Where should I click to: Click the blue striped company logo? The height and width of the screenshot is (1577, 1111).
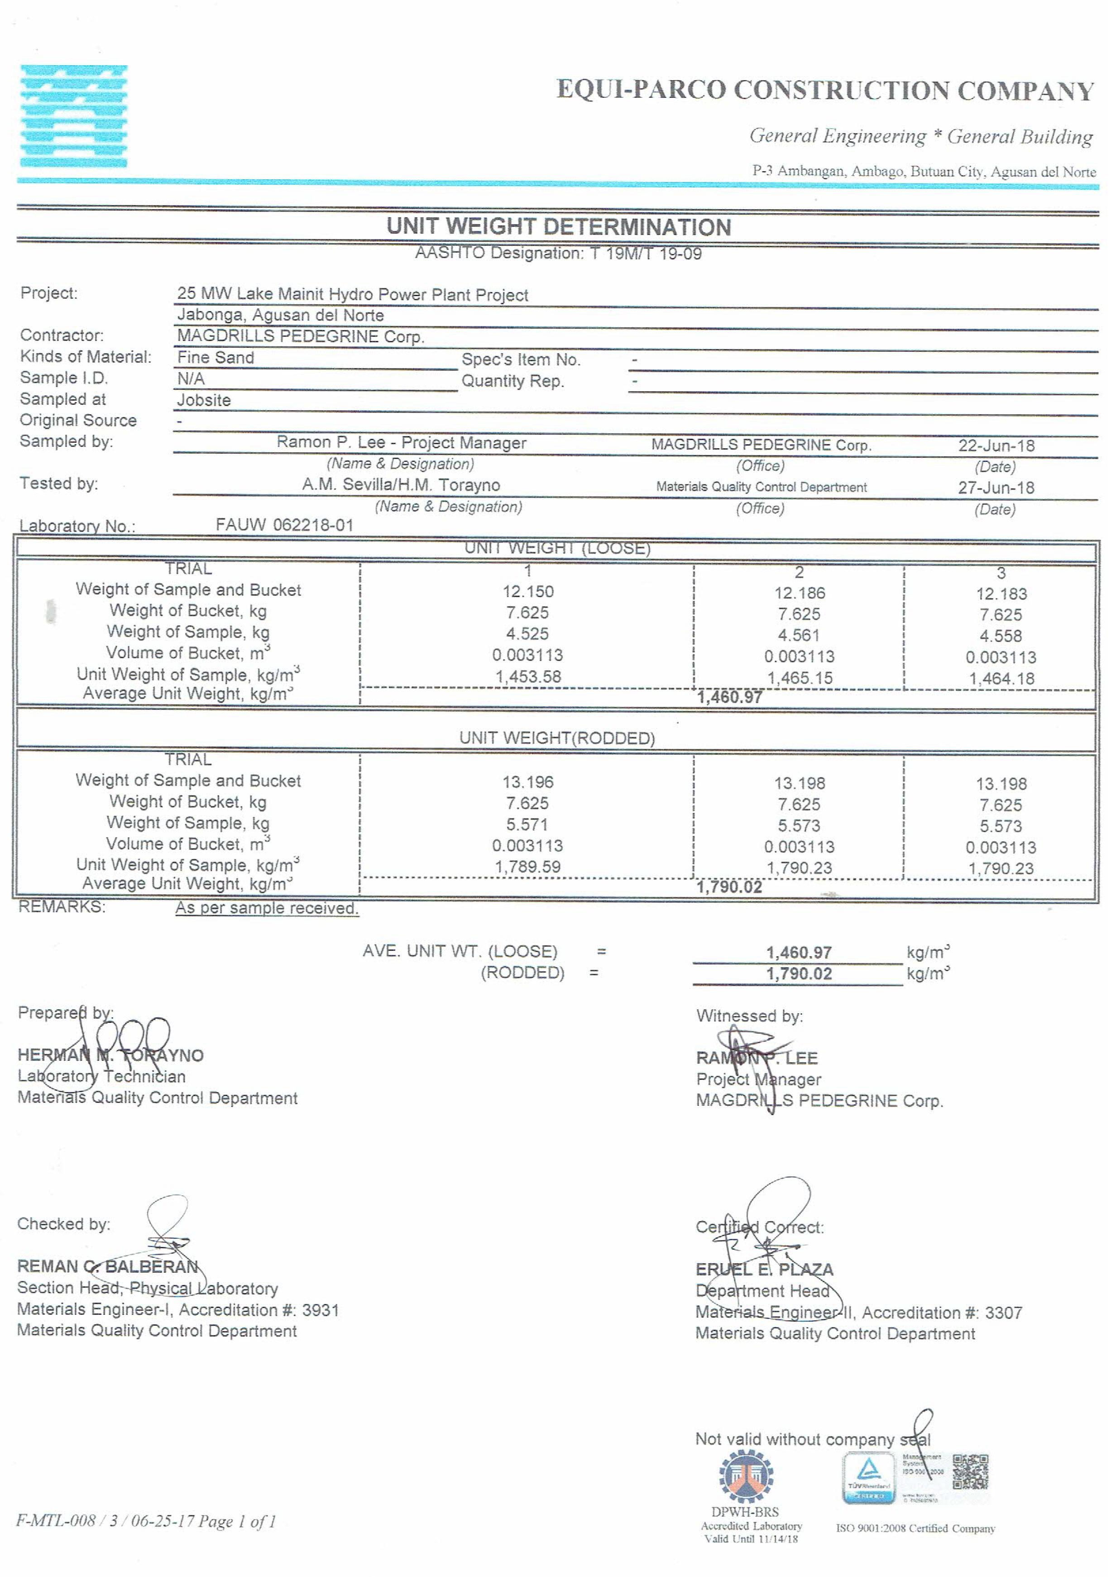[x=73, y=116]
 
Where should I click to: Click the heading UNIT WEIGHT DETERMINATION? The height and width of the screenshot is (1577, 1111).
[x=558, y=227]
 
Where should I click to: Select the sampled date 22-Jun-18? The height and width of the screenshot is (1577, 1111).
[x=996, y=446]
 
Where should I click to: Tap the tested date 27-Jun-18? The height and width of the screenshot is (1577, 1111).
[x=996, y=488]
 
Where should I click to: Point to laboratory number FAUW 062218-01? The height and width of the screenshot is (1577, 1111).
[x=284, y=525]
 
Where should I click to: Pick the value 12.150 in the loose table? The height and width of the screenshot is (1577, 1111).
[x=527, y=591]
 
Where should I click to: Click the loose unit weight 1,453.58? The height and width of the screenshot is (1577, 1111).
[x=528, y=676]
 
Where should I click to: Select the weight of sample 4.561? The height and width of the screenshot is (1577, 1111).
[x=799, y=635]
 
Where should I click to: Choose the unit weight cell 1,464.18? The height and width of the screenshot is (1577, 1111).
[x=1001, y=679]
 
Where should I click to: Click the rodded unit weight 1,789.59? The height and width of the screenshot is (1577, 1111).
[x=527, y=867]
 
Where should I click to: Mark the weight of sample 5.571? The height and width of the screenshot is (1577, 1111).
[x=527, y=824]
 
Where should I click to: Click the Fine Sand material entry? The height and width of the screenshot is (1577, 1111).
[x=215, y=357]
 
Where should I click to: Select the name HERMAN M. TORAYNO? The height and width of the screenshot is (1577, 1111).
[x=110, y=1055]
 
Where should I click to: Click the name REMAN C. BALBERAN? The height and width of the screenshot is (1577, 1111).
[x=108, y=1266]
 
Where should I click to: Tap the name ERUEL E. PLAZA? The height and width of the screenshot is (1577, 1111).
[x=764, y=1269]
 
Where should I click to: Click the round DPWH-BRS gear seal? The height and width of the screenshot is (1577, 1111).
[x=746, y=1475]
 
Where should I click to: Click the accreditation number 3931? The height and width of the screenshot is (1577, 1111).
[x=321, y=1310]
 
